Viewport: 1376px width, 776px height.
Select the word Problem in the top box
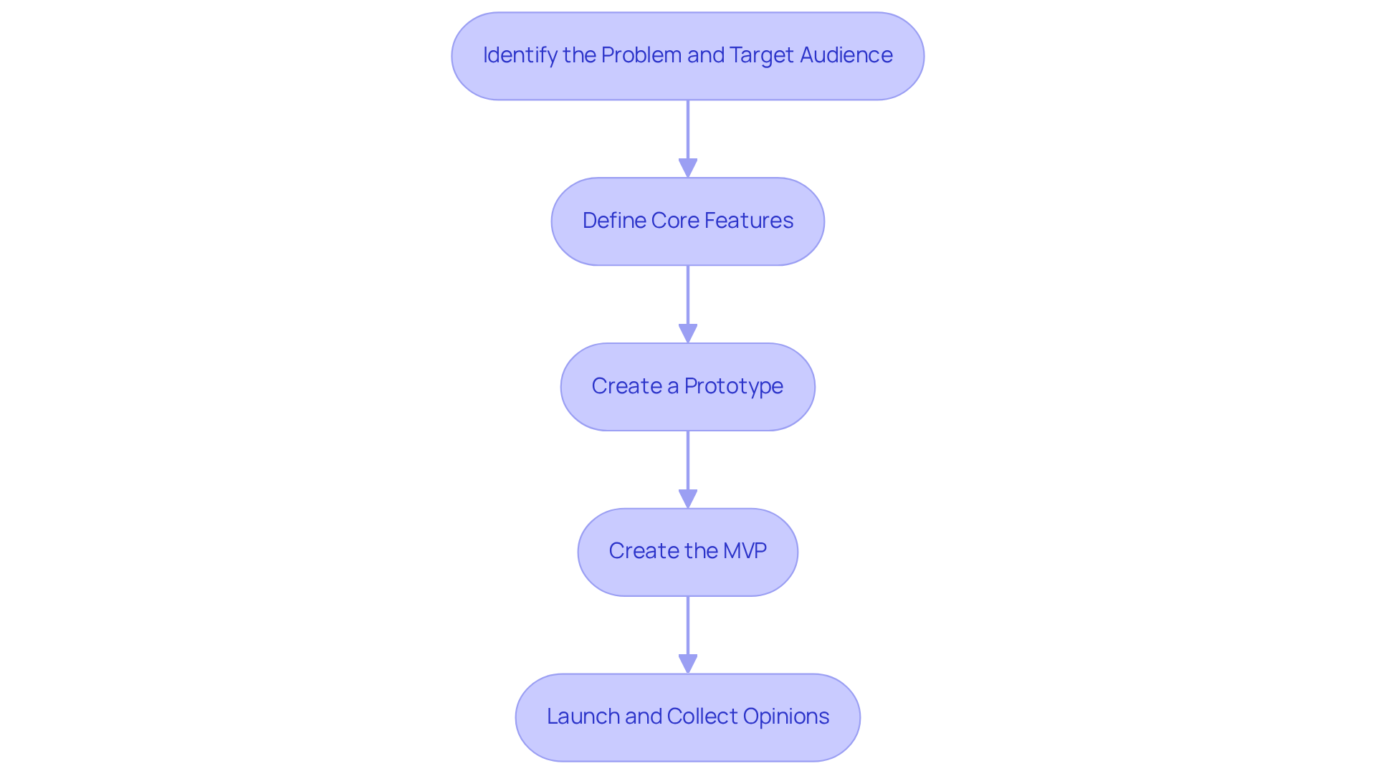(x=641, y=55)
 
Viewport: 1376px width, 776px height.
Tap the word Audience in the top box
(x=846, y=55)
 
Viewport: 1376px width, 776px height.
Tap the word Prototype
(x=733, y=386)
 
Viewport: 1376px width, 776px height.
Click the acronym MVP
(x=745, y=551)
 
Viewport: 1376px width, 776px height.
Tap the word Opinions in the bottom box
(x=785, y=717)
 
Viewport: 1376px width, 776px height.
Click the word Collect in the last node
(x=702, y=717)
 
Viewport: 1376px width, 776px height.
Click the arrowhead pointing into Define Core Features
(x=688, y=168)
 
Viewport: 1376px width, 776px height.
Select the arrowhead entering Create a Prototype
(x=688, y=333)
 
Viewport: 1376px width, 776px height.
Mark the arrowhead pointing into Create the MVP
(x=688, y=499)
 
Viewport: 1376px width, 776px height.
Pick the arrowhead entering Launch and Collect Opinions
(x=688, y=664)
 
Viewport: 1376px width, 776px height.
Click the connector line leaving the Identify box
(x=688, y=129)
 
